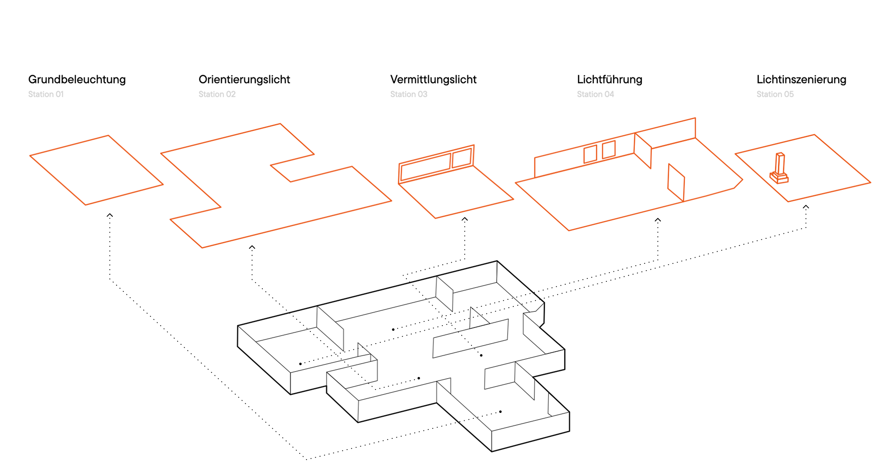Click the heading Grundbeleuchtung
tap(77, 79)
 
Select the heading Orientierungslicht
tap(244, 79)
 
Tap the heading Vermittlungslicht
tap(433, 79)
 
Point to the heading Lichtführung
tap(609, 79)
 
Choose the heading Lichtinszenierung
tap(801, 79)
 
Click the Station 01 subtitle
tap(46, 94)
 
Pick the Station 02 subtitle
tap(217, 94)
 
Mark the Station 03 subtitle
tap(408, 94)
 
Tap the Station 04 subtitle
tap(595, 94)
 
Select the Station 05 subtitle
tap(775, 94)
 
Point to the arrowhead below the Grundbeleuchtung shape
tap(110, 215)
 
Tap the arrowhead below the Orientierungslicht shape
tap(252, 248)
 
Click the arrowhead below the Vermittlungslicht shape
tap(464, 219)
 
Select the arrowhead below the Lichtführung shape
tap(658, 220)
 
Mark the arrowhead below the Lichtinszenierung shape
tap(806, 207)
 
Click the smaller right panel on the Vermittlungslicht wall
tap(462, 158)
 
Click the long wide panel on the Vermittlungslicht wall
tap(426, 167)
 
